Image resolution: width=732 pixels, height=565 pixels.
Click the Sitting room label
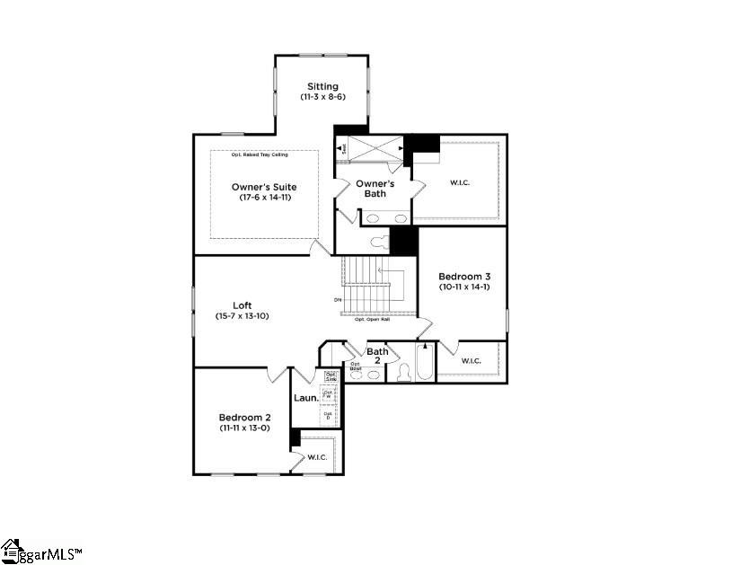tap(322, 86)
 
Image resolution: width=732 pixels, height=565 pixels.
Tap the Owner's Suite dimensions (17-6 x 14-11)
tap(264, 198)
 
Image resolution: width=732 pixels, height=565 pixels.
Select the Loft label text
tap(242, 305)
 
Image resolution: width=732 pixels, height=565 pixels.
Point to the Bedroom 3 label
tap(463, 276)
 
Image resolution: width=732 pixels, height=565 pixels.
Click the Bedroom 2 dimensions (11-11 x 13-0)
tap(244, 428)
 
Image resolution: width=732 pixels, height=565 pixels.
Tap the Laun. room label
tap(305, 397)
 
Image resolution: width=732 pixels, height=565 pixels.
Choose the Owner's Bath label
tap(375, 189)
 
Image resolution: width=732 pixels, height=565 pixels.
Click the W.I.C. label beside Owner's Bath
tap(459, 183)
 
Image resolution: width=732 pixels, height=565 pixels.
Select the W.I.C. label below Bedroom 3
tap(471, 361)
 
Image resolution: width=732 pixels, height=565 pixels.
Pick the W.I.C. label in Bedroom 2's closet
tap(316, 457)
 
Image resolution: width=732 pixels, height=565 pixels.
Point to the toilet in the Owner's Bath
tap(378, 240)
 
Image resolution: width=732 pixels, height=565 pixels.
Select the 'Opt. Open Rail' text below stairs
tap(372, 319)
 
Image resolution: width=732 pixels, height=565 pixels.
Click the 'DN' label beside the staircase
tap(338, 299)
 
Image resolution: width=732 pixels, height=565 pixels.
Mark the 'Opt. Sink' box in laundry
tap(331, 375)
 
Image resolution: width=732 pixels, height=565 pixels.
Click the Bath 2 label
tap(377, 356)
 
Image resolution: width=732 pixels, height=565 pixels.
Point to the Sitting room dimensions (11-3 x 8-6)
tap(322, 96)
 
